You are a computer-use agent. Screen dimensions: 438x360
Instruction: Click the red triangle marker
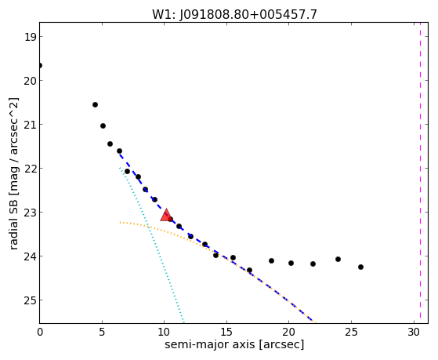pos(166,215)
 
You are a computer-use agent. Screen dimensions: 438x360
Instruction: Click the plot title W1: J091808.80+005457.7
pos(234,14)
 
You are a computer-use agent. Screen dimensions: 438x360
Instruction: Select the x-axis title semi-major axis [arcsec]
pos(234,344)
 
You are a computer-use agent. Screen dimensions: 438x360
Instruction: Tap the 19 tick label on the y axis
pos(30,37)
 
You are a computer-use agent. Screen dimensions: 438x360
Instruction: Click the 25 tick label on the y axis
pos(30,300)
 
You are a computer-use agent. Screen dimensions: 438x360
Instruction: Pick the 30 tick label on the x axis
pos(414,332)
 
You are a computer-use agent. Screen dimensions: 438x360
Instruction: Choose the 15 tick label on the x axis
pos(226,332)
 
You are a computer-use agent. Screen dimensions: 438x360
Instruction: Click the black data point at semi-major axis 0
pos(40,65)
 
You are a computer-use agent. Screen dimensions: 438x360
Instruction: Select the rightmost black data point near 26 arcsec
pos(360,267)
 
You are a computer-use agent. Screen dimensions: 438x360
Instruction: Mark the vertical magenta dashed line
pos(420,173)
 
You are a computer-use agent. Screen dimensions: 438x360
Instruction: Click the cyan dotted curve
pos(151,244)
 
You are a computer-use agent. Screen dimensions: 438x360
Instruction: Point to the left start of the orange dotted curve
pos(120,223)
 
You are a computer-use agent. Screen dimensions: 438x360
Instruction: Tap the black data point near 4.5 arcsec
pos(95,104)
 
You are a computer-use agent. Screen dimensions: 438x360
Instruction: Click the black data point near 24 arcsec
pos(338,260)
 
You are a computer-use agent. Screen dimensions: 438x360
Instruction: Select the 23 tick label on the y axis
pos(30,213)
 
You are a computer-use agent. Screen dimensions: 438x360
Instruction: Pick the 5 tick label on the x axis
pos(102,332)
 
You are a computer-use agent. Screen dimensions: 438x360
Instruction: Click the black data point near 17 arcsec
pos(249,271)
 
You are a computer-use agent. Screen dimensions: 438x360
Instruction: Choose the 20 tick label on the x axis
pos(289,332)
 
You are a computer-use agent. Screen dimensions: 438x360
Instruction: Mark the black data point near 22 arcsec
pos(313,264)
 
